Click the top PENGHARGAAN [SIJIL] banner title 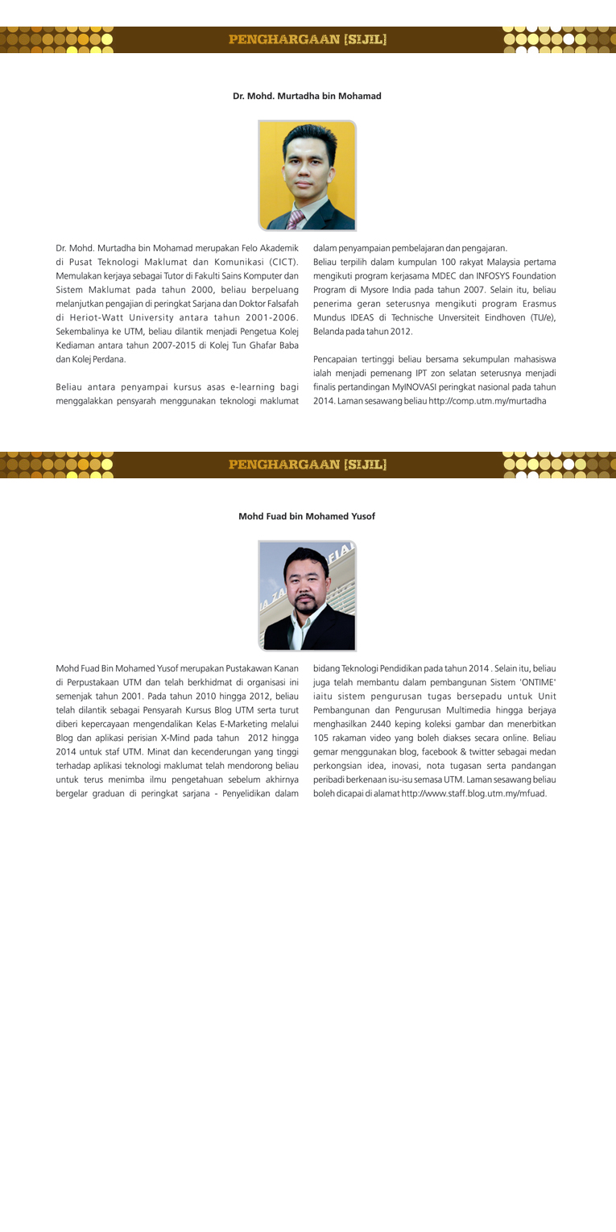[308, 39]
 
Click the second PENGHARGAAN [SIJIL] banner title [308, 465]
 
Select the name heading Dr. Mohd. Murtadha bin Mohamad [307, 96]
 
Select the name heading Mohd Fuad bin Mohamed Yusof [307, 516]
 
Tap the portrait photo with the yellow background [307, 175]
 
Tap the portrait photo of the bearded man [307, 595]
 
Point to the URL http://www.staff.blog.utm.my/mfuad [473, 793]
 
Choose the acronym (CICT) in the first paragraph [277, 261]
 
